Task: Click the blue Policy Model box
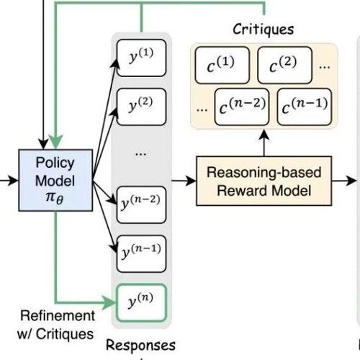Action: coord(55,180)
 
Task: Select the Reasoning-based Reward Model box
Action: coord(264,181)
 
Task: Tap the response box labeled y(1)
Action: coord(141,58)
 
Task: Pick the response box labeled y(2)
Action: coord(141,107)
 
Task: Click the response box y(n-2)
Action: coord(141,204)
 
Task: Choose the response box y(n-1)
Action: coord(141,253)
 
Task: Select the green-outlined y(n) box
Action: coord(141,302)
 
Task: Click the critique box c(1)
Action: coord(222,65)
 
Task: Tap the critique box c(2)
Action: coord(285,65)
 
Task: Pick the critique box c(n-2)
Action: coord(242,107)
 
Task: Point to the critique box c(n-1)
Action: coord(305,107)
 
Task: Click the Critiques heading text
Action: coord(264,30)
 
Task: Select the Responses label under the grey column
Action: coord(140,346)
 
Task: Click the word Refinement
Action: coord(58,315)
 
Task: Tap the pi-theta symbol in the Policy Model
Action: coord(55,198)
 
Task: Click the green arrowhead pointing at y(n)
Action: coord(109,302)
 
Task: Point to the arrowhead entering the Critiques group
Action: coord(264,135)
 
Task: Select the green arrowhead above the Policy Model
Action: coord(55,142)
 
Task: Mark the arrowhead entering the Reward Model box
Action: coord(191,181)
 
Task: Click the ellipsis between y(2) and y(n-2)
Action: coord(141,154)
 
